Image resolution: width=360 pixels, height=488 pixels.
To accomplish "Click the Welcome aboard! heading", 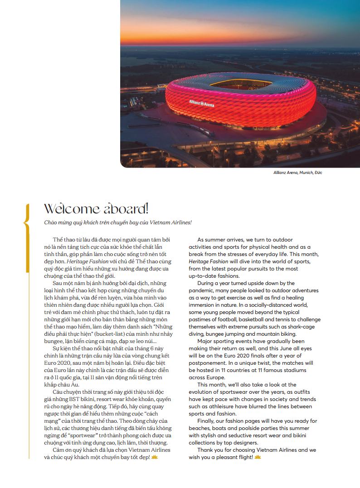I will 96,209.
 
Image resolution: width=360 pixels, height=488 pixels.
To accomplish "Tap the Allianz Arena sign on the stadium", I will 201,104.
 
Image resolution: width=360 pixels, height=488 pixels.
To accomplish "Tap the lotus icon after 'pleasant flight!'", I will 258,457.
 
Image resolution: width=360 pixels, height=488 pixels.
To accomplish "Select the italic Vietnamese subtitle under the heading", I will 118,222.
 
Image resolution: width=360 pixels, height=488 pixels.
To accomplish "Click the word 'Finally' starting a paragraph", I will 207,421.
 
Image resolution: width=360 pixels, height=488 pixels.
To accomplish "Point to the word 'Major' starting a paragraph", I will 205,341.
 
